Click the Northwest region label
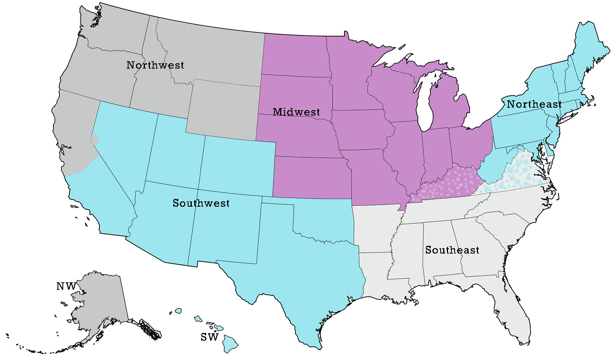[x=155, y=65]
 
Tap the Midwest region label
[x=297, y=112]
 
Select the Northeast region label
[x=534, y=104]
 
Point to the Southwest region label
[x=201, y=203]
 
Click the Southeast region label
[x=452, y=250]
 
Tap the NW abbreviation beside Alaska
[x=66, y=286]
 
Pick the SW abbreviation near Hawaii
[x=209, y=337]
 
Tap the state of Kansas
[x=312, y=177]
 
